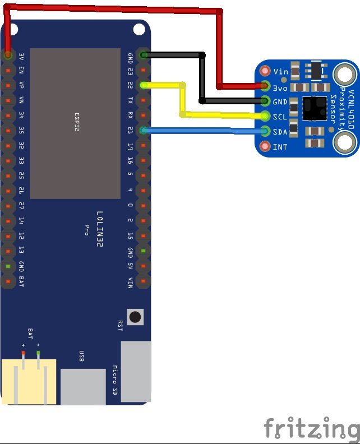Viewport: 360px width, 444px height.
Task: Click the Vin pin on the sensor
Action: [265, 71]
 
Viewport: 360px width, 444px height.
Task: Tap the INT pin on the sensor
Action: [265, 147]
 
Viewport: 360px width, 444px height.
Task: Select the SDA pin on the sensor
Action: [265, 132]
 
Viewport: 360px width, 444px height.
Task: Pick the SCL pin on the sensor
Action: [265, 117]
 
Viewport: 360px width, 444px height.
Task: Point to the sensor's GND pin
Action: [265, 101]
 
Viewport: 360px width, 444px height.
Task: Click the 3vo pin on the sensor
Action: [265, 86]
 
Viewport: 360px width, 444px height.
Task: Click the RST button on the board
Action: [135, 317]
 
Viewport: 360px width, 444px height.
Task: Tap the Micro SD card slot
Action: [136, 370]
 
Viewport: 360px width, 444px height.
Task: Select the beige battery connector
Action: [29, 381]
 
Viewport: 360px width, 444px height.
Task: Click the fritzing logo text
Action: [311, 428]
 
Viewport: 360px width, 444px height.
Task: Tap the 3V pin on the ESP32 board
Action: [8, 55]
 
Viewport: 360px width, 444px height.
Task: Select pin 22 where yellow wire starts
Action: [144, 85]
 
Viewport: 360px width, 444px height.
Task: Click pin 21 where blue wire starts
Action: [144, 131]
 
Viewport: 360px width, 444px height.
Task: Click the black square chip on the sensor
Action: [315, 108]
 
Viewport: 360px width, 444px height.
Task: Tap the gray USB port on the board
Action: [82, 386]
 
